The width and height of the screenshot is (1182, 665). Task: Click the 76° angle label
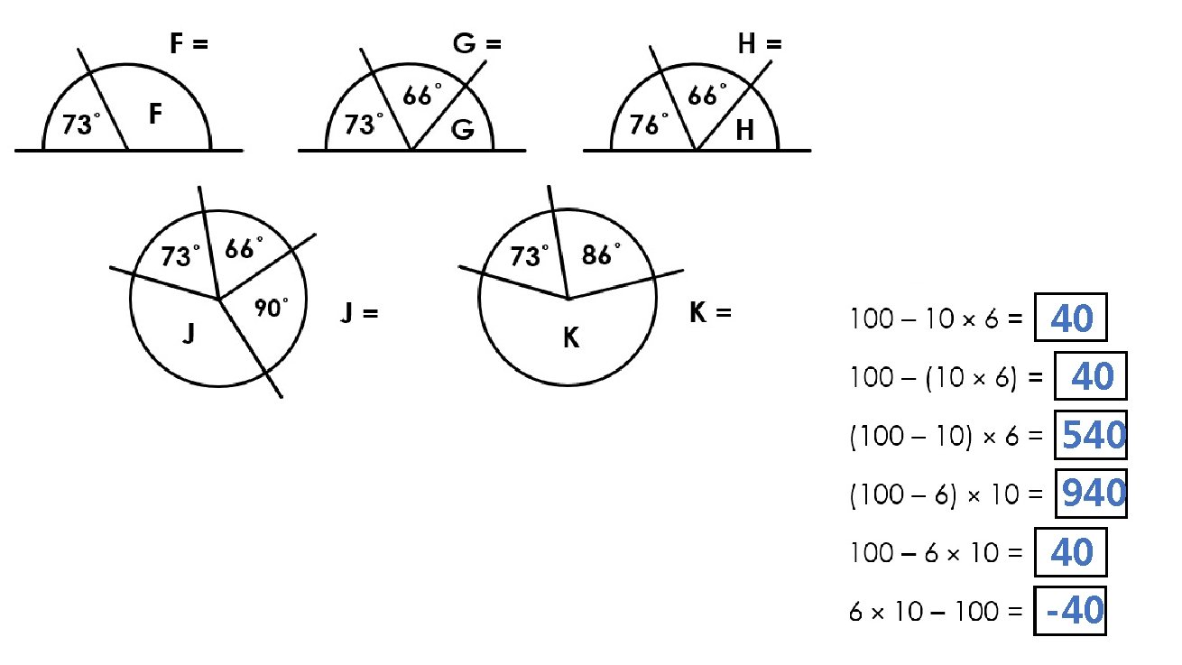(x=648, y=125)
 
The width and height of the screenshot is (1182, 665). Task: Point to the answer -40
(x=1074, y=613)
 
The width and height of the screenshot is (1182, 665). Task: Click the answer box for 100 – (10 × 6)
(x=1090, y=377)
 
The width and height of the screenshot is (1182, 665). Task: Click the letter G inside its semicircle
(x=463, y=130)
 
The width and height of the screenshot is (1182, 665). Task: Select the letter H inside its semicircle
(x=744, y=131)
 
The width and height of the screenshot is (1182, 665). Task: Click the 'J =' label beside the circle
(x=358, y=314)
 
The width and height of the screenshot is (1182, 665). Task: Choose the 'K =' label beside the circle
(x=709, y=313)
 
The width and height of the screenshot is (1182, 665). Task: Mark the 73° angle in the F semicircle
(x=79, y=125)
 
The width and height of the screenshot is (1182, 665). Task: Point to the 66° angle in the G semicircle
(x=422, y=94)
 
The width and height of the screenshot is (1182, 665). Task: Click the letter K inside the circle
(x=571, y=339)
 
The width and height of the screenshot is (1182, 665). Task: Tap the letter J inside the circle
(x=189, y=335)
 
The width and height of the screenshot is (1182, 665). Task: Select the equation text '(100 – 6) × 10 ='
(x=947, y=495)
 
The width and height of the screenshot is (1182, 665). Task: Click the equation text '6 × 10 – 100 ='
(x=936, y=613)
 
